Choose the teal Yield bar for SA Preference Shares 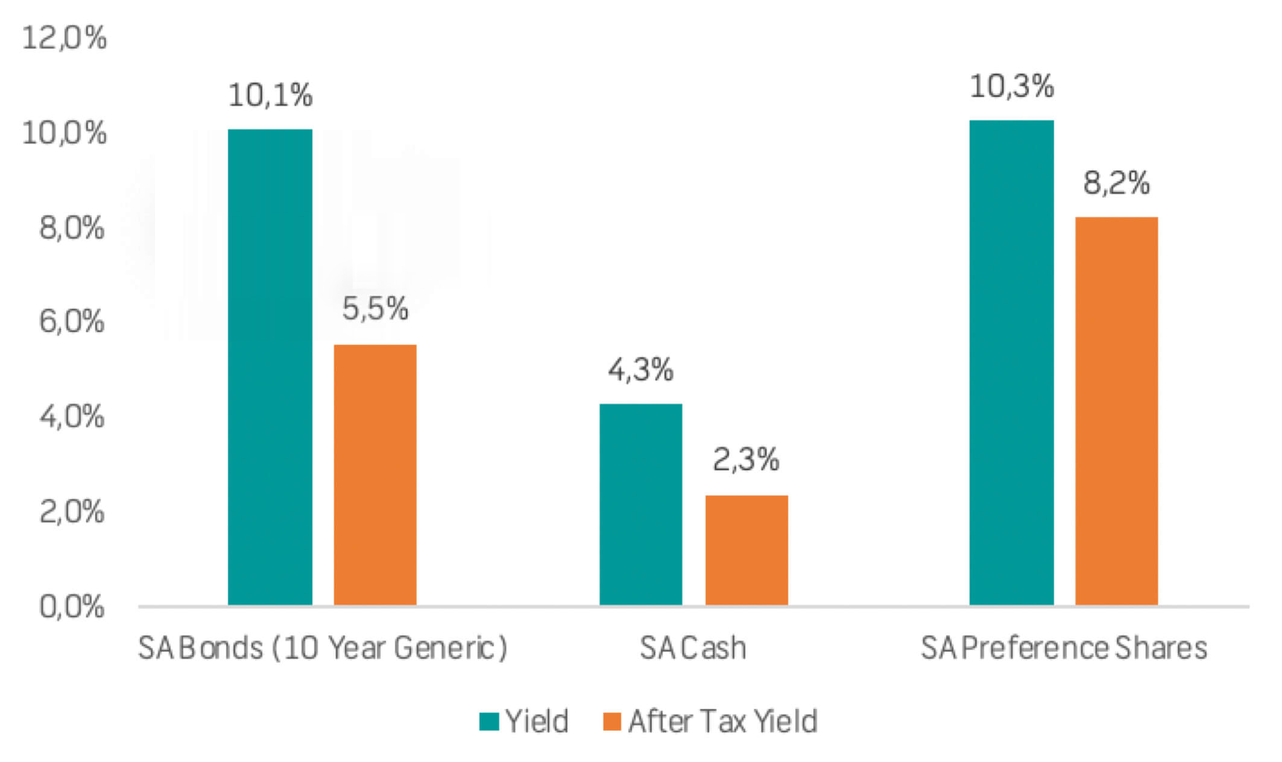1011,362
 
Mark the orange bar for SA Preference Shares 1116,411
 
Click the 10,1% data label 270,95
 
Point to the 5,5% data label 375,309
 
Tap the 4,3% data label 640,370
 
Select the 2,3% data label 746,459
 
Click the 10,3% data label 1011,86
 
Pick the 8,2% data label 1116,183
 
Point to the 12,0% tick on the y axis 65,38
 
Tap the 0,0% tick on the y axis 72,606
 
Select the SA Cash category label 693,648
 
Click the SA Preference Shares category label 1064,648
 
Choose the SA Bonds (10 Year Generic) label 323,648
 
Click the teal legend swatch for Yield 489,722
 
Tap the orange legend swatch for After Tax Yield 612,722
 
